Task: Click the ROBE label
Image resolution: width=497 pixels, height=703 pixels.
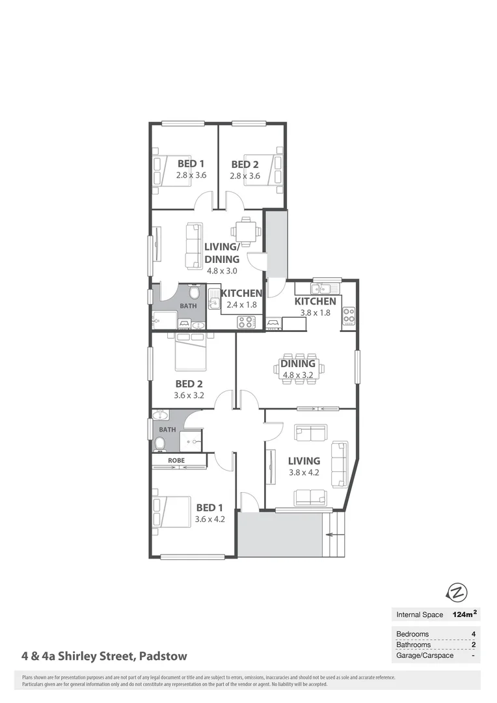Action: [176, 460]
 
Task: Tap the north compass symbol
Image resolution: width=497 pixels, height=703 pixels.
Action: [457, 592]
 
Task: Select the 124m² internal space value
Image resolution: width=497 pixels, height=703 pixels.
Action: [464, 614]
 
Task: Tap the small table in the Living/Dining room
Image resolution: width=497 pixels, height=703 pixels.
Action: [247, 230]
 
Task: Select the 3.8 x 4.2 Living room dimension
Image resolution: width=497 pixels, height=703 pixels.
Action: [304, 473]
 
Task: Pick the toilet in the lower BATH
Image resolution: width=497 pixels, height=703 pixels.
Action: [159, 444]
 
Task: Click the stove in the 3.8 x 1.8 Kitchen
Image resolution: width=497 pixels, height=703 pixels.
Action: [349, 315]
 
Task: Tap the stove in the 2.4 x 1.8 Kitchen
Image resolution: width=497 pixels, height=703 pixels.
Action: [247, 321]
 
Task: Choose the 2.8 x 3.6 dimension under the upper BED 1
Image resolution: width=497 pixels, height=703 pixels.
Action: [191, 175]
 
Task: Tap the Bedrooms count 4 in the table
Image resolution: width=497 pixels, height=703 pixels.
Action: [473, 634]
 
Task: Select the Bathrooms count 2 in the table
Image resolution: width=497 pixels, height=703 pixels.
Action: [473, 645]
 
